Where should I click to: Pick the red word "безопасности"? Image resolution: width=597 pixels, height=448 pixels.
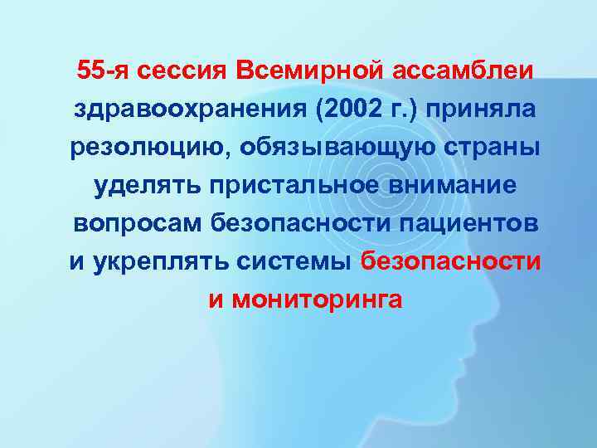coord(451,262)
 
